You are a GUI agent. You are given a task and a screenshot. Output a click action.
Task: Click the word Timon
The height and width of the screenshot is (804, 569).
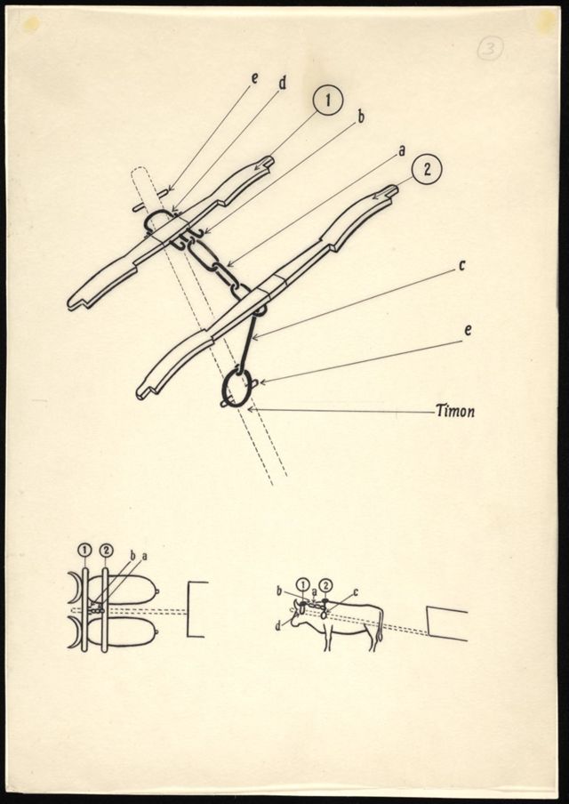point(455,411)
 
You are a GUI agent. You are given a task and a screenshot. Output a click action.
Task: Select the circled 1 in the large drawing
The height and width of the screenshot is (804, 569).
point(327,100)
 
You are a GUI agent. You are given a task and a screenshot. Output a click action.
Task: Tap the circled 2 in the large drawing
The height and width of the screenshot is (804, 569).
point(427,170)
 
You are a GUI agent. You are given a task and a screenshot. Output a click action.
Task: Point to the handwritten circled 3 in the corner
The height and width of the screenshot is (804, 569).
point(490,49)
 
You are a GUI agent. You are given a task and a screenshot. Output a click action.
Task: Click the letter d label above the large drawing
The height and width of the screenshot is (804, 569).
point(282,83)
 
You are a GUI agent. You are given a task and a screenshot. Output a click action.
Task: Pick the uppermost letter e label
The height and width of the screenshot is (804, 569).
point(254,77)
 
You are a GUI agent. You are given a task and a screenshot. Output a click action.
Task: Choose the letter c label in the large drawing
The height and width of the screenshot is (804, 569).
point(461,266)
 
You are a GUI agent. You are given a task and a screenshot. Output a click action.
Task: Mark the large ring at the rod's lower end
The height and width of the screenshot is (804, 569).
point(237,386)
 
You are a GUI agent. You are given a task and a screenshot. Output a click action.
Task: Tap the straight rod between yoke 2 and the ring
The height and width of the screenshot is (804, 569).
point(246,341)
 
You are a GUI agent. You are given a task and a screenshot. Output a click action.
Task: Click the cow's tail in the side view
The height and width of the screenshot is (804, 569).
point(380,625)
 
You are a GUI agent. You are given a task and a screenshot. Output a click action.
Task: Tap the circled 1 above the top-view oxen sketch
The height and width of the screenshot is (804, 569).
point(84,551)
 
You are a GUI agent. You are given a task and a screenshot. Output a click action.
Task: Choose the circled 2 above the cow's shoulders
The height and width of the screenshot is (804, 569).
point(325,584)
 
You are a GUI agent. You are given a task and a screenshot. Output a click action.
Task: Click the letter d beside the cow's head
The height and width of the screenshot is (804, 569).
point(279,626)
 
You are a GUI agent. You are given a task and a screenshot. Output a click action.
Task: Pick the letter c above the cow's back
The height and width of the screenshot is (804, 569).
point(356,592)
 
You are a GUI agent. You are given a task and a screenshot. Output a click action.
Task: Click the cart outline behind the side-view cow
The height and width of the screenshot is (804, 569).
point(447,623)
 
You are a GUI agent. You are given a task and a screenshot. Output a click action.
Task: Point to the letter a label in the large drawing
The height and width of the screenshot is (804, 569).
point(401,150)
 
